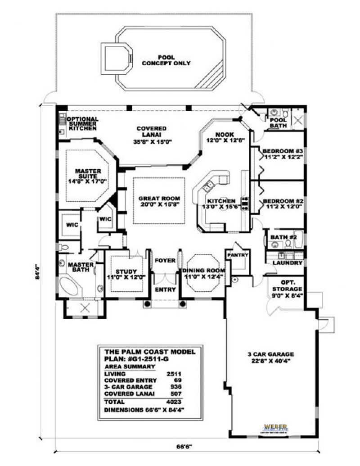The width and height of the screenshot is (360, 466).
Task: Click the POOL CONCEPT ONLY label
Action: [166, 60]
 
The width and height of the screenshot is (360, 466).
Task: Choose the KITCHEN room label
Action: [220, 204]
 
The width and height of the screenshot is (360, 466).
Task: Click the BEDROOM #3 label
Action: [282, 153]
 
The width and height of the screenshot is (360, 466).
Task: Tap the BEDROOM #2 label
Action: [282, 204]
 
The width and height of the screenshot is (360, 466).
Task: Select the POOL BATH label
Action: [278, 123]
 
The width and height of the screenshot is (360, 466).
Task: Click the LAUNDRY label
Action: [287, 263]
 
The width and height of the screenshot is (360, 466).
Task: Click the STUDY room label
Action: [125, 274]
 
